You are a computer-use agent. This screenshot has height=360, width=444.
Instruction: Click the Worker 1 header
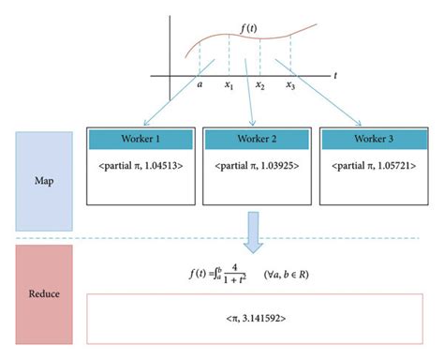point(139,139)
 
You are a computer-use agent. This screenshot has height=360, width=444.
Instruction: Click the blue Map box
point(44,181)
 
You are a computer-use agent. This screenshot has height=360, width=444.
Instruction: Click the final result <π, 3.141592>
point(255,320)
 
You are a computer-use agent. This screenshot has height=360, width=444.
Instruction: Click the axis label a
point(200,85)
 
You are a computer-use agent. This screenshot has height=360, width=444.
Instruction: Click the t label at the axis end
point(334,74)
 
